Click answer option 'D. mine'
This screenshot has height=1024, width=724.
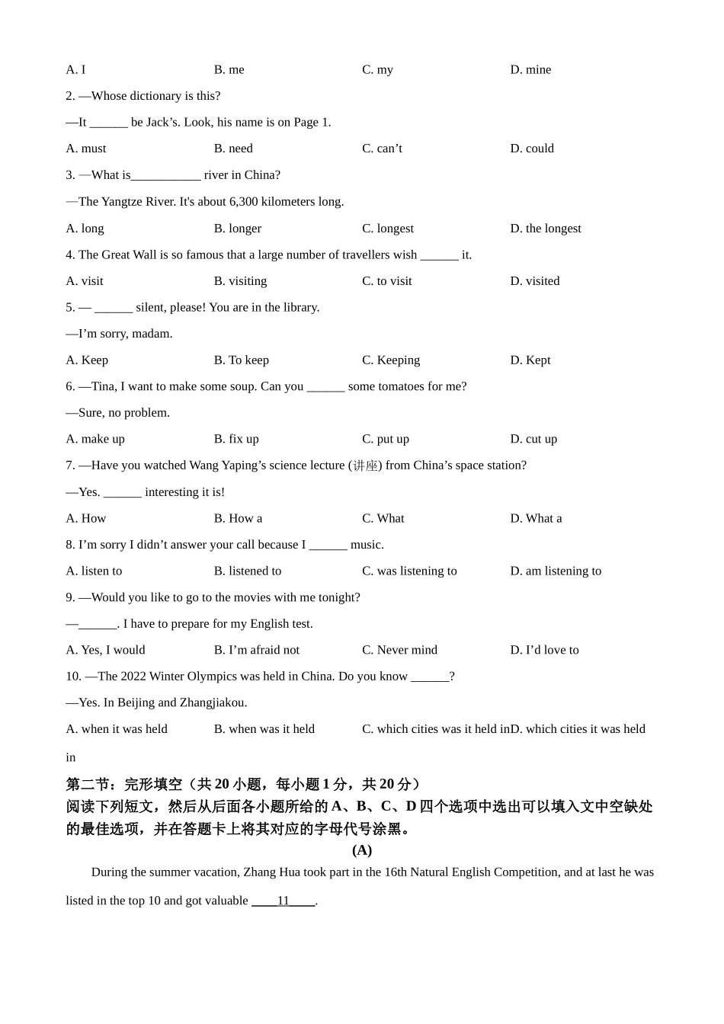(x=530, y=69)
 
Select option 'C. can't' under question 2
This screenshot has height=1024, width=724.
(x=382, y=149)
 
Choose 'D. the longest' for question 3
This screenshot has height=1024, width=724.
(x=546, y=229)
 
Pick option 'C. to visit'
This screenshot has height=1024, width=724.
(x=386, y=281)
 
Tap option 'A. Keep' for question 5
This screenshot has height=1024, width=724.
(x=87, y=360)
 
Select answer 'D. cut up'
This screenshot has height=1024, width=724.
(x=533, y=439)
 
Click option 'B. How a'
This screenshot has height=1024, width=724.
(x=238, y=518)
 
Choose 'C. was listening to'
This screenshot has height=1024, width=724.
(x=409, y=571)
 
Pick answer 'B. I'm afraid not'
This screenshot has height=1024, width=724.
(x=256, y=650)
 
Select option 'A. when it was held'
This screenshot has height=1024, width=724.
(x=117, y=729)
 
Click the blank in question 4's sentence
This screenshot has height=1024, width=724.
(x=439, y=255)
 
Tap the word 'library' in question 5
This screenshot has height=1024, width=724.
(x=299, y=308)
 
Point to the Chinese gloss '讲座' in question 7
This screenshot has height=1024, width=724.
(x=365, y=466)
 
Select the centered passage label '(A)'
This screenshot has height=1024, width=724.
(x=362, y=850)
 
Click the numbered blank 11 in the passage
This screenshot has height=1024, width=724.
(x=284, y=901)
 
